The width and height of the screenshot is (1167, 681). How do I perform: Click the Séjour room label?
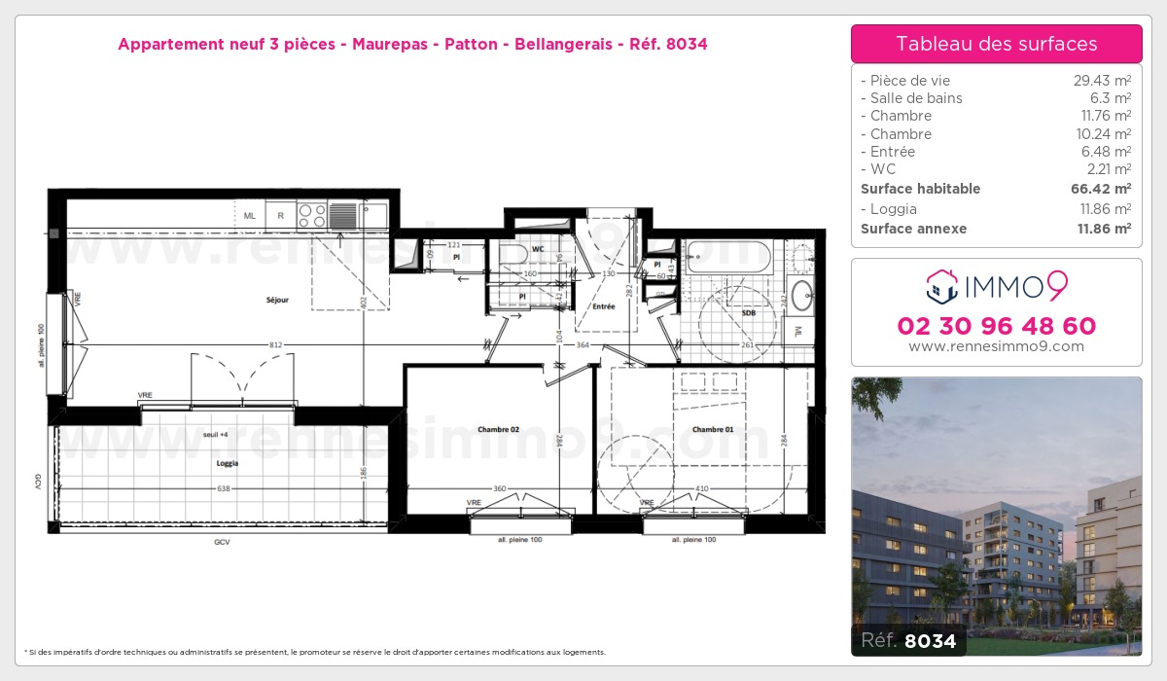point(277,301)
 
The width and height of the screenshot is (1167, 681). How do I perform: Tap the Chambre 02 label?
point(498,429)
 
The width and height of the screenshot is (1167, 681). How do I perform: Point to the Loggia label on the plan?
point(227,464)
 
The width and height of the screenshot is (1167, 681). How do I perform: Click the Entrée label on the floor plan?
point(603,306)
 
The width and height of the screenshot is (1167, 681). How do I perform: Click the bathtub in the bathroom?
point(727,256)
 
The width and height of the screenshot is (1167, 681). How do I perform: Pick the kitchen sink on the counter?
point(343,215)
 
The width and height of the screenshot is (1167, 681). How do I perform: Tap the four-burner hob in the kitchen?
point(311,215)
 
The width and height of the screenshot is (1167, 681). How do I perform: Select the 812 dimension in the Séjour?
point(275,344)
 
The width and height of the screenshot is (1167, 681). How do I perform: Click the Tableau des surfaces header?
point(996,44)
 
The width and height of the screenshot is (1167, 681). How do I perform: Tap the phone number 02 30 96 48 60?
point(996,326)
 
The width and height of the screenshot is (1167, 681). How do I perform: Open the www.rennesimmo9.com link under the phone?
point(996,346)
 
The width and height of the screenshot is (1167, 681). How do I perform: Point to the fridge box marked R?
point(280,216)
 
